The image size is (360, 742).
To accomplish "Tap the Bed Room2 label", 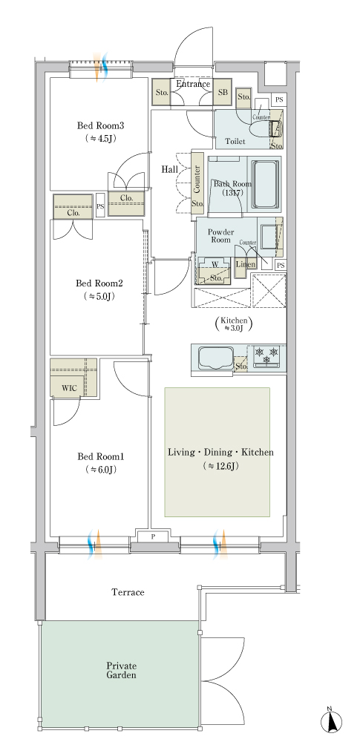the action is [x=99, y=283].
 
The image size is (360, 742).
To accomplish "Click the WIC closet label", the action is [x=69, y=389].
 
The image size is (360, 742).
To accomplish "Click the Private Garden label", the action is [x=121, y=670].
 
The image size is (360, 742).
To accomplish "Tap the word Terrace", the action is [x=128, y=592].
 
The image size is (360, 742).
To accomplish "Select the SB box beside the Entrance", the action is [x=223, y=92].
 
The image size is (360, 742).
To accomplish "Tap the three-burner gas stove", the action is [x=267, y=357].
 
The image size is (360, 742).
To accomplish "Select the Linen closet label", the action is [x=246, y=264].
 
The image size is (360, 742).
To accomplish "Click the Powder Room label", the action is [x=220, y=236].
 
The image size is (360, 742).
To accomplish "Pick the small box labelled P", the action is [x=153, y=536].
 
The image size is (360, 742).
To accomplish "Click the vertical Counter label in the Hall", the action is [x=197, y=180].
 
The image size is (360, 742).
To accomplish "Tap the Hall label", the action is [x=169, y=169].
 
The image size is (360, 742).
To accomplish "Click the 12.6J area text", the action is [x=220, y=466].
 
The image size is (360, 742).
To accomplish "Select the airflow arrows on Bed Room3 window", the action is [x=100, y=66].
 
